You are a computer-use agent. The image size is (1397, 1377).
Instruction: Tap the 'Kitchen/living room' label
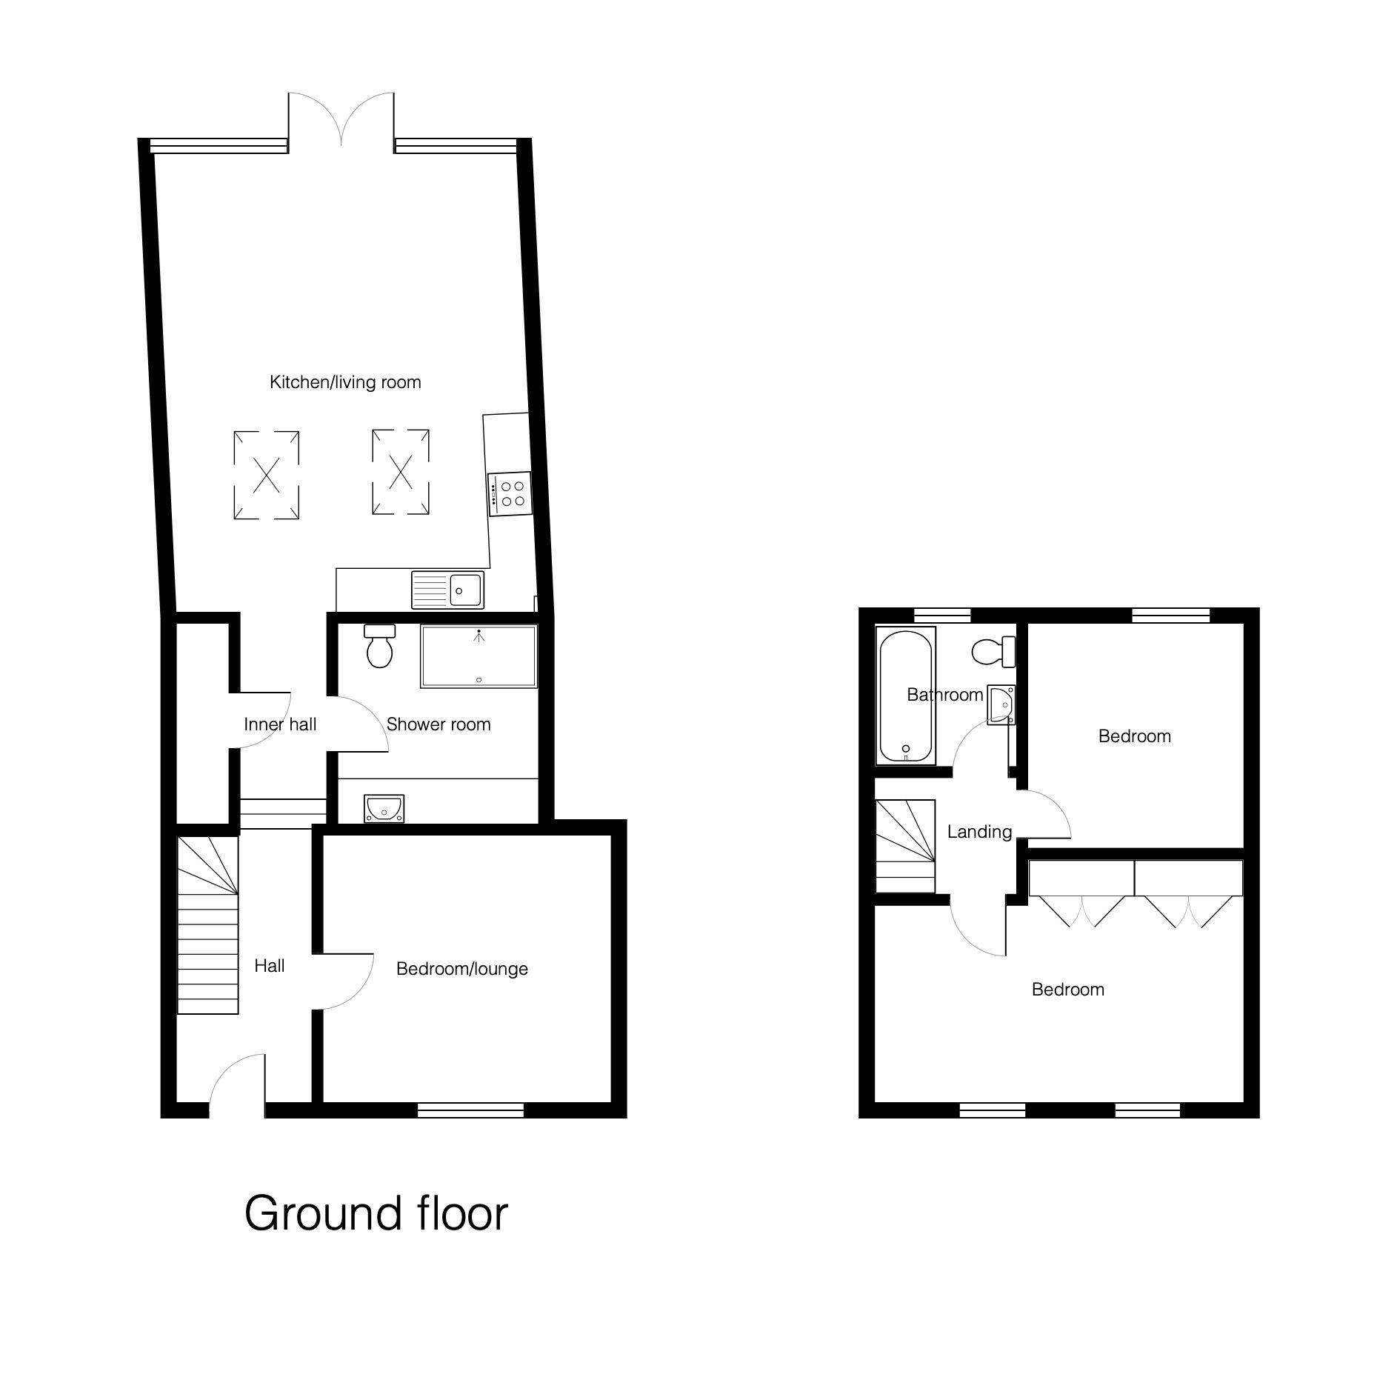[345, 382]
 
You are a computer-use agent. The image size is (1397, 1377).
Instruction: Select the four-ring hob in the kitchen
[509, 493]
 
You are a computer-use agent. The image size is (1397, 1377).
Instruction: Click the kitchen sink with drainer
[447, 590]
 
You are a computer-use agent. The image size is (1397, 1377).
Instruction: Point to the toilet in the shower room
[380, 645]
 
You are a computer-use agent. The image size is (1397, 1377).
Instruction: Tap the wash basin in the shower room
[384, 809]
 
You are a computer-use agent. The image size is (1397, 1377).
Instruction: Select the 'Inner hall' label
[280, 724]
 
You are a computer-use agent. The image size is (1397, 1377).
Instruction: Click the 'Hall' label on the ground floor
[270, 966]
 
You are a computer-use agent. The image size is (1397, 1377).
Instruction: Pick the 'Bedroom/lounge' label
[462, 969]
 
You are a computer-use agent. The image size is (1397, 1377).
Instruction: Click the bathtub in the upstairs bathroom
[906, 696]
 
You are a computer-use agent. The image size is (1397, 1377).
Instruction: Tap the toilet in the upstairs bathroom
[993, 651]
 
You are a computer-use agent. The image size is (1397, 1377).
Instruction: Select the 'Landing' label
[979, 832]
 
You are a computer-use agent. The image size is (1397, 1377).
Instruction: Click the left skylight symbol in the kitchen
[267, 475]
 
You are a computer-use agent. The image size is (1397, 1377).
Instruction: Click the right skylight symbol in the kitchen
[401, 471]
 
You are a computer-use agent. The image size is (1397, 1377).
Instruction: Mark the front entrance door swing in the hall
[238, 1087]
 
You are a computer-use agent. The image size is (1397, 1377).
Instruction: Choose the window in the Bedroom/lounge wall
[471, 1110]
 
